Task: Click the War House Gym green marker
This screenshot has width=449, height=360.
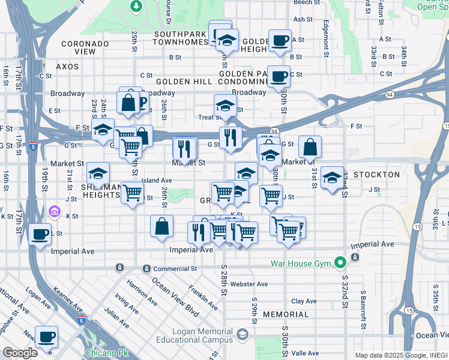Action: [341, 262]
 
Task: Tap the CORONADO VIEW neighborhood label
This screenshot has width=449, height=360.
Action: [85, 48]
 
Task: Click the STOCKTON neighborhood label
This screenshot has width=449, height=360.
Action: [376, 175]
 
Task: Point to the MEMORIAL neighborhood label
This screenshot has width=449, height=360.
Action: [286, 314]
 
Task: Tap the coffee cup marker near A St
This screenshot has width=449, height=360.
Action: [279, 41]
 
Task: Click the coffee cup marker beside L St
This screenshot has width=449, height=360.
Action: [40, 233]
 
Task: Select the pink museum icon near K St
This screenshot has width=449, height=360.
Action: [55, 211]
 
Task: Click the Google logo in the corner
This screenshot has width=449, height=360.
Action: [19, 352]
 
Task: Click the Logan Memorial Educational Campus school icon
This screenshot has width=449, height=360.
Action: [243, 334]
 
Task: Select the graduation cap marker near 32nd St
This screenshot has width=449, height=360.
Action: [332, 178]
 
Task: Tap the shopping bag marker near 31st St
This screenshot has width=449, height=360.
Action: [310, 146]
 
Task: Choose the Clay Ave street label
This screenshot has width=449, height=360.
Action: [304, 301]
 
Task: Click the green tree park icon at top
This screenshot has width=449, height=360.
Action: [136, 6]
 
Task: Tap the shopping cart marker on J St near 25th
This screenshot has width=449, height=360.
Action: [132, 193]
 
